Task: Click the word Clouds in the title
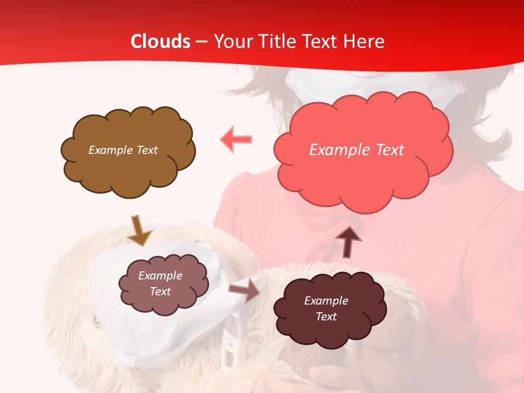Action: pyautogui.click(x=160, y=41)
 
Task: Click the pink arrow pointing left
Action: pyautogui.click(x=236, y=140)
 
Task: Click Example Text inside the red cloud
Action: pyautogui.click(x=356, y=150)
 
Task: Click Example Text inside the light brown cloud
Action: pyautogui.click(x=123, y=150)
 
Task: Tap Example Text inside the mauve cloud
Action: pyautogui.click(x=160, y=283)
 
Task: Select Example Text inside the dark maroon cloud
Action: pyautogui.click(x=326, y=308)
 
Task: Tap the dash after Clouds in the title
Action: pyautogui.click(x=201, y=42)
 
